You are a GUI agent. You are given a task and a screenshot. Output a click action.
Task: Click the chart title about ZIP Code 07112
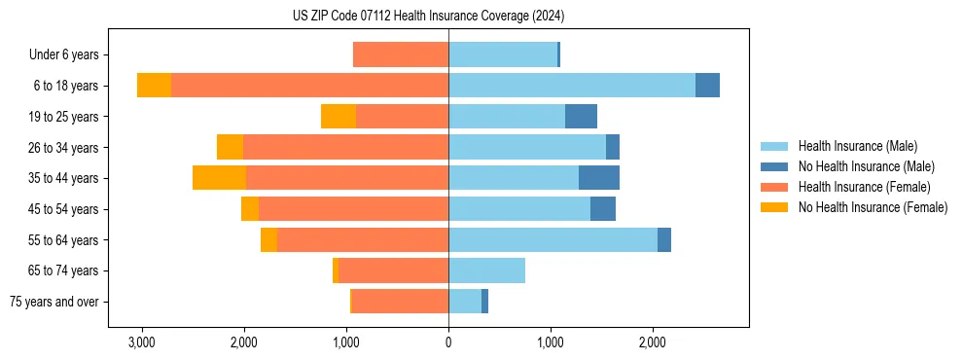click(428, 17)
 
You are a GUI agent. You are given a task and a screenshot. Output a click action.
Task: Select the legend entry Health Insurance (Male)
click(857, 146)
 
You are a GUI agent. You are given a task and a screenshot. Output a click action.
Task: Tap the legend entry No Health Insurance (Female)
click(873, 207)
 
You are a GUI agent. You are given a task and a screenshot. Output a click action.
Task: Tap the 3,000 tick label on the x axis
click(142, 342)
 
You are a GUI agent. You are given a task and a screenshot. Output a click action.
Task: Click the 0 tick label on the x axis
click(448, 342)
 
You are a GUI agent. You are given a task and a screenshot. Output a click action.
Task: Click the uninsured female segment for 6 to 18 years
click(154, 86)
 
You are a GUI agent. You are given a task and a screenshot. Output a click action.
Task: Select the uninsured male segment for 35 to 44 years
click(599, 178)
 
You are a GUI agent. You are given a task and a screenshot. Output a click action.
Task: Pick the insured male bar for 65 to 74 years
click(486, 270)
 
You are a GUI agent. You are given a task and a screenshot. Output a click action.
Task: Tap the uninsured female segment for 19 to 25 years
click(339, 117)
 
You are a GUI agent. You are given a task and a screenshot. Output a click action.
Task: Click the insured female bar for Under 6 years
click(401, 54)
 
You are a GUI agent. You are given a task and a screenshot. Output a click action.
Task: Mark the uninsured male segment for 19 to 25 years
click(581, 117)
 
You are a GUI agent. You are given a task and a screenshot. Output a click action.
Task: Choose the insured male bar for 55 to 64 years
click(553, 239)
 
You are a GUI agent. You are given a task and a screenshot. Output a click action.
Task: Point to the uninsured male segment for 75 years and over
click(484, 302)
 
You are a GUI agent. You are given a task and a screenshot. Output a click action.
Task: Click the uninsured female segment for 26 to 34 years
click(230, 147)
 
